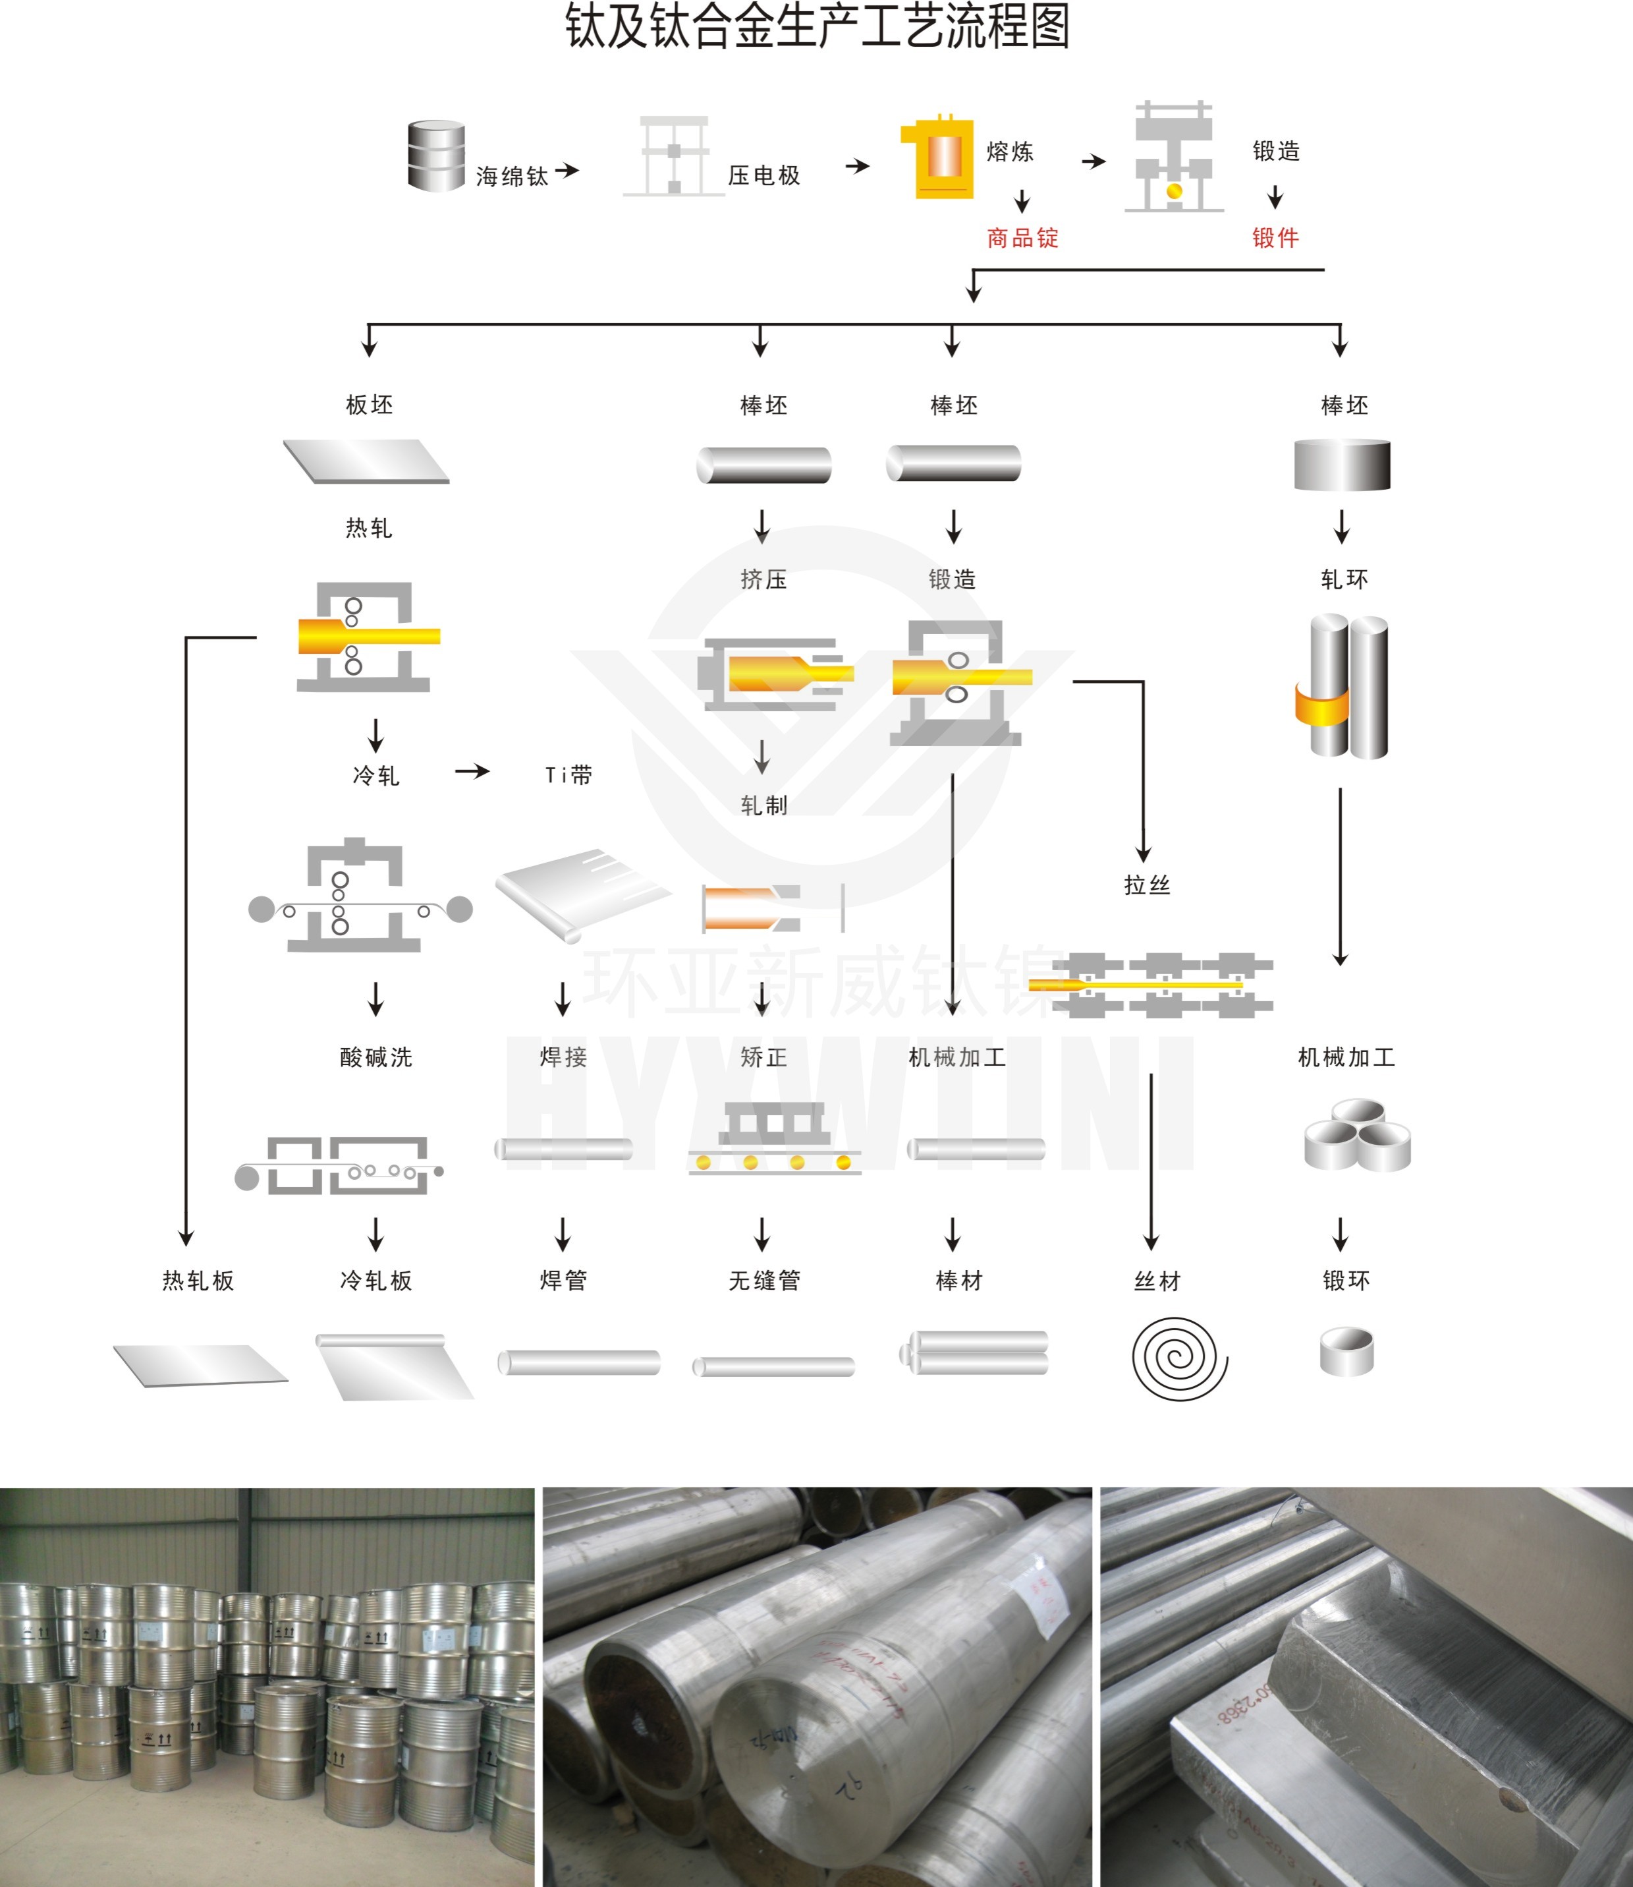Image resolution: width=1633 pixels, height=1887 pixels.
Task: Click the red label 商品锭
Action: (1022, 238)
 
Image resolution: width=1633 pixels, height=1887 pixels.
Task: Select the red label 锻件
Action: (1275, 238)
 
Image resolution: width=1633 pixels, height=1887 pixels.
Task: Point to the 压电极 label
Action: (763, 175)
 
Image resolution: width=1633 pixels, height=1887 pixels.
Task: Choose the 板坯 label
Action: (369, 405)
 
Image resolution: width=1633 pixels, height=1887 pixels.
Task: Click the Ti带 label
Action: (568, 775)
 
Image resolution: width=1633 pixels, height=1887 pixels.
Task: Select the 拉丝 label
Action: (1146, 885)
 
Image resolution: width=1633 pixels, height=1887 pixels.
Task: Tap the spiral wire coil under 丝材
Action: (1179, 1358)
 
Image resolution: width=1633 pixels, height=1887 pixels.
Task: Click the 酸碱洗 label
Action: (375, 1057)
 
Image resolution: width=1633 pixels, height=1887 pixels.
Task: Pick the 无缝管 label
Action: (763, 1280)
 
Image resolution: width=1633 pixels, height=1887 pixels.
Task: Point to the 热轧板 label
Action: (198, 1280)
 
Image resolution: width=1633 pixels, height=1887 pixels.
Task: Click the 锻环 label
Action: (1346, 1280)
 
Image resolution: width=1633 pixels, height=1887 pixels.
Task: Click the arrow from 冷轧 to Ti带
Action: (472, 772)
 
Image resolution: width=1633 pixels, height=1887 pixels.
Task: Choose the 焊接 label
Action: (563, 1057)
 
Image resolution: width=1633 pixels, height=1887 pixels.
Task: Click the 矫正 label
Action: (763, 1057)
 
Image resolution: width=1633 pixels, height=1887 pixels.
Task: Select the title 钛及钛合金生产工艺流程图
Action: (817, 26)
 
